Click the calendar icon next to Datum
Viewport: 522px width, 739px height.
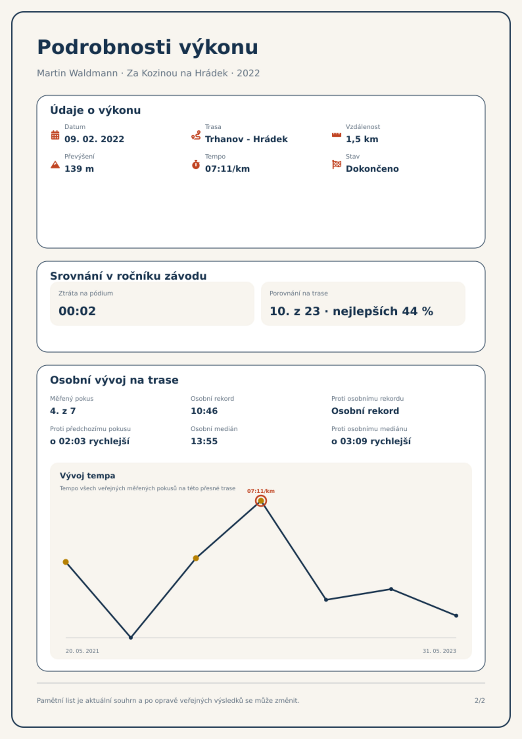pos(55,135)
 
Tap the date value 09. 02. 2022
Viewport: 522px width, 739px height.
pos(94,139)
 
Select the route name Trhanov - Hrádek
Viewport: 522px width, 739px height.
pos(246,139)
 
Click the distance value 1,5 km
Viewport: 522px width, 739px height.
pos(362,139)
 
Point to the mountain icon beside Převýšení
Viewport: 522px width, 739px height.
pos(55,165)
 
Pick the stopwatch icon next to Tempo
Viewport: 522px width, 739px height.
pos(196,165)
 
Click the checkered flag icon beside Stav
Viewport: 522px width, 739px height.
pos(337,165)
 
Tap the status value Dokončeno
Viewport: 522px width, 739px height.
pos(372,169)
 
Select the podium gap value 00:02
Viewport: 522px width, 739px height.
pos(77,311)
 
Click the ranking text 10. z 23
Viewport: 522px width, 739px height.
pos(295,311)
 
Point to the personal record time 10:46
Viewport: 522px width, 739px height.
pos(204,411)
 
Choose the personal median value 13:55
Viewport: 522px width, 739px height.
pos(204,441)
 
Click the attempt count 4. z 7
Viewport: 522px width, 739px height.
pos(63,411)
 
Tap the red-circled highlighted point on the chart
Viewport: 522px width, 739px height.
pos(261,501)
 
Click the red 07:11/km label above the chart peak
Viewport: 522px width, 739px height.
pos(261,491)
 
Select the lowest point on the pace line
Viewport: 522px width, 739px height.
pos(131,638)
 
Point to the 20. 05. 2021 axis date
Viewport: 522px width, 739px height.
pos(82,651)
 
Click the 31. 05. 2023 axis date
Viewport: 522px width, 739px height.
pos(439,651)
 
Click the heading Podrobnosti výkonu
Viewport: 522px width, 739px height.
pos(148,47)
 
